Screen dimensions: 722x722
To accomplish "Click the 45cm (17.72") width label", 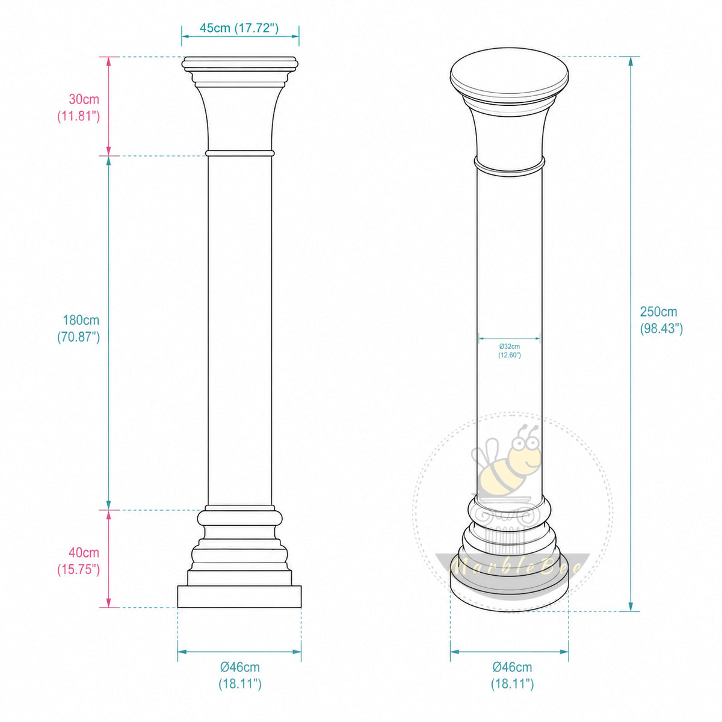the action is coord(239,28).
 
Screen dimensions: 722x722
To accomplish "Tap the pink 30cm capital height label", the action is coord(79,108).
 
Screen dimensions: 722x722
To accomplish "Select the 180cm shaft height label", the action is coord(79,329).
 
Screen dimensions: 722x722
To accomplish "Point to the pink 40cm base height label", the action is coord(79,561).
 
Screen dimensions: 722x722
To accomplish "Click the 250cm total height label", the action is coord(661,320).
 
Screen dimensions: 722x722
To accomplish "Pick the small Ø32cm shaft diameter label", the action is coord(509,351).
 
